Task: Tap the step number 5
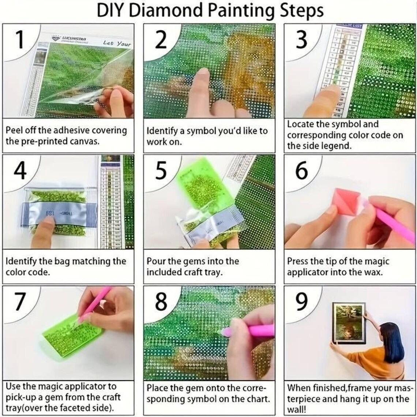(161, 171)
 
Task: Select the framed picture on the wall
(349, 323)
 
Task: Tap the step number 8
(161, 301)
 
